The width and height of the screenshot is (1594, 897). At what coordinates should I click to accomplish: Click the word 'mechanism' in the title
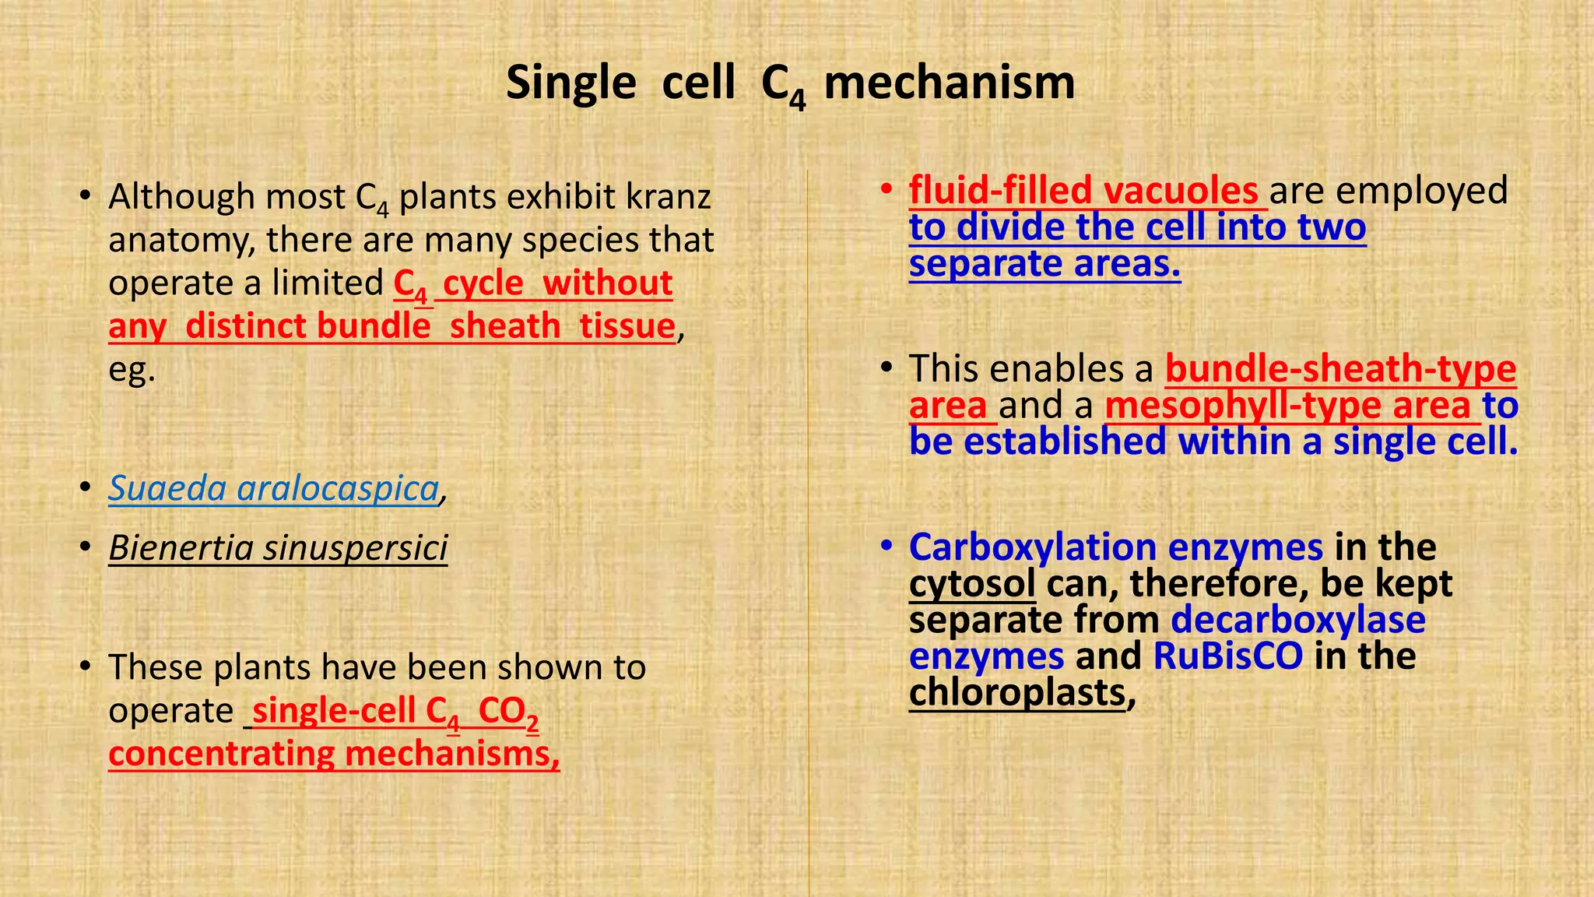tap(949, 83)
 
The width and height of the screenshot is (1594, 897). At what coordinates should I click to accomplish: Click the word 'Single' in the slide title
tap(571, 83)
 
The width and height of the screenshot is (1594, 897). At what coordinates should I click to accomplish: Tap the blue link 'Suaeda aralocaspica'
tap(273, 488)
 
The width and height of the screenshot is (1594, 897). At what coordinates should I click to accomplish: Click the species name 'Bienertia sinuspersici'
tap(278, 547)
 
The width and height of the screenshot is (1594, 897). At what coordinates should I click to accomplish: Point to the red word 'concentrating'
tap(221, 754)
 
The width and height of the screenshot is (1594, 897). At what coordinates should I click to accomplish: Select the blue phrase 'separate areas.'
tap(1045, 264)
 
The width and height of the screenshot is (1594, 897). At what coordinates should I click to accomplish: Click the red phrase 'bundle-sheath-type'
tap(1340, 368)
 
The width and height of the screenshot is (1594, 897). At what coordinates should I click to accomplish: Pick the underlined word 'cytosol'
tap(972, 583)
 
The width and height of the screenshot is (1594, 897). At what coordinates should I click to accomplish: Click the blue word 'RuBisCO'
tap(1227, 656)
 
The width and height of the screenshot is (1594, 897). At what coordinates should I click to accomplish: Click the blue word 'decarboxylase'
tap(1297, 620)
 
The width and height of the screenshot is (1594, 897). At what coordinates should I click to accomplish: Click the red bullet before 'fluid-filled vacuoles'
tap(886, 189)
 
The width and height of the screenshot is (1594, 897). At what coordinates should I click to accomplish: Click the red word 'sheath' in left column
tap(504, 325)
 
